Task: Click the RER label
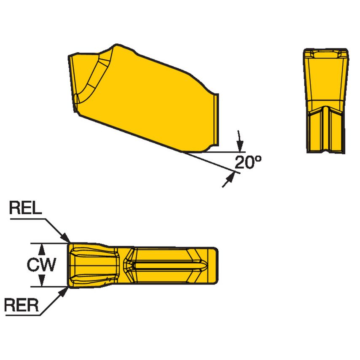(21, 305)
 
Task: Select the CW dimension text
(41, 265)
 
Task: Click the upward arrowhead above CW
(42, 247)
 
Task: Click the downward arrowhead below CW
(42, 282)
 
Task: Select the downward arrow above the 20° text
(240, 143)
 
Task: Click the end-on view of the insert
(326, 101)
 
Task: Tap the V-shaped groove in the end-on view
(326, 126)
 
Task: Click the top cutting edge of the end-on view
(326, 50)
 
